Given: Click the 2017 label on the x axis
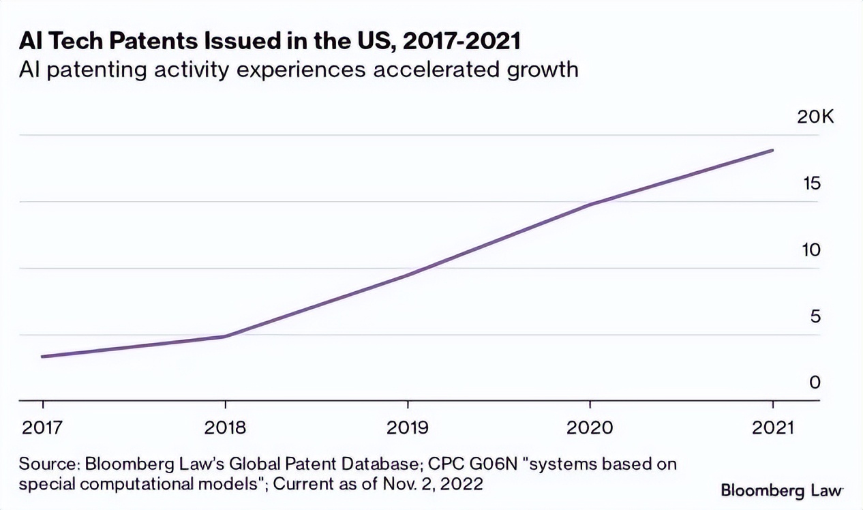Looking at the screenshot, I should coord(42,427).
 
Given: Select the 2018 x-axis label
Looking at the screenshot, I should coord(225,427).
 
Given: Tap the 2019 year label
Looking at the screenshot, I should coord(408,427).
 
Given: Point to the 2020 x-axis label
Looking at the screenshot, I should coord(590,427).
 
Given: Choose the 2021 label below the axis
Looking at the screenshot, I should coord(772,427).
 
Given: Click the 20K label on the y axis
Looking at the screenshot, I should coord(815,117).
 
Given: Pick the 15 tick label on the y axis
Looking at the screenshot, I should coord(811,184).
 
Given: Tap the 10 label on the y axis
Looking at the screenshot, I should coord(811,250).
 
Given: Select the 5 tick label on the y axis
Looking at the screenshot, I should coord(815,316).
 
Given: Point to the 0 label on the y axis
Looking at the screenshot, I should coord(815,382).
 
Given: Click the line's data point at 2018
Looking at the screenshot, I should coord(225,336).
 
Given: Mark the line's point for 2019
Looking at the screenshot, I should coord(408,275).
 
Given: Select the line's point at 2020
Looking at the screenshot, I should coord(590,204).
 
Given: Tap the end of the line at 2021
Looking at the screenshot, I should coord(772,150).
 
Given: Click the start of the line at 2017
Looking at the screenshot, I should coord(42,357).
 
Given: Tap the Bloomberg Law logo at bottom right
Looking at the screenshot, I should coord(781,490).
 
